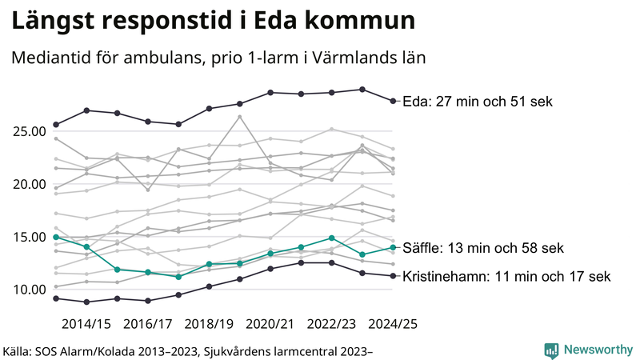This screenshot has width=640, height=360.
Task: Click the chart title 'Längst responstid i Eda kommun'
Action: (x=213, y=22)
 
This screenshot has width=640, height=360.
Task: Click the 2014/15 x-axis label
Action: (x=86, y=324)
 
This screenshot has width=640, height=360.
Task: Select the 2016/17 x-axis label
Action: (x=149, y=324)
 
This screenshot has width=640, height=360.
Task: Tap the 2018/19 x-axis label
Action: (x=210, y=324)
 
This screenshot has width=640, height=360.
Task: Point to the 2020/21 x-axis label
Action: (x=271, y=324)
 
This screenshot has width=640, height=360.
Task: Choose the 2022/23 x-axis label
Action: (x=332, y=324)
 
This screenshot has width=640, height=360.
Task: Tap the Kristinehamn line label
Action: (x=506, y=277)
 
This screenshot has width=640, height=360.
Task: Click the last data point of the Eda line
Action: (x=392, y=101)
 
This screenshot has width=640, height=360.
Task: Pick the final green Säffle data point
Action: (x=392, y=247)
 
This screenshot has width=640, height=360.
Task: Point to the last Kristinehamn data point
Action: (x=392, y=276)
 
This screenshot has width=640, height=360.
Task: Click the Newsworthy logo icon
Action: (x=551, y=350)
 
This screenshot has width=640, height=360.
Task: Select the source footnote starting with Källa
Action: (x=188, y=350)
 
